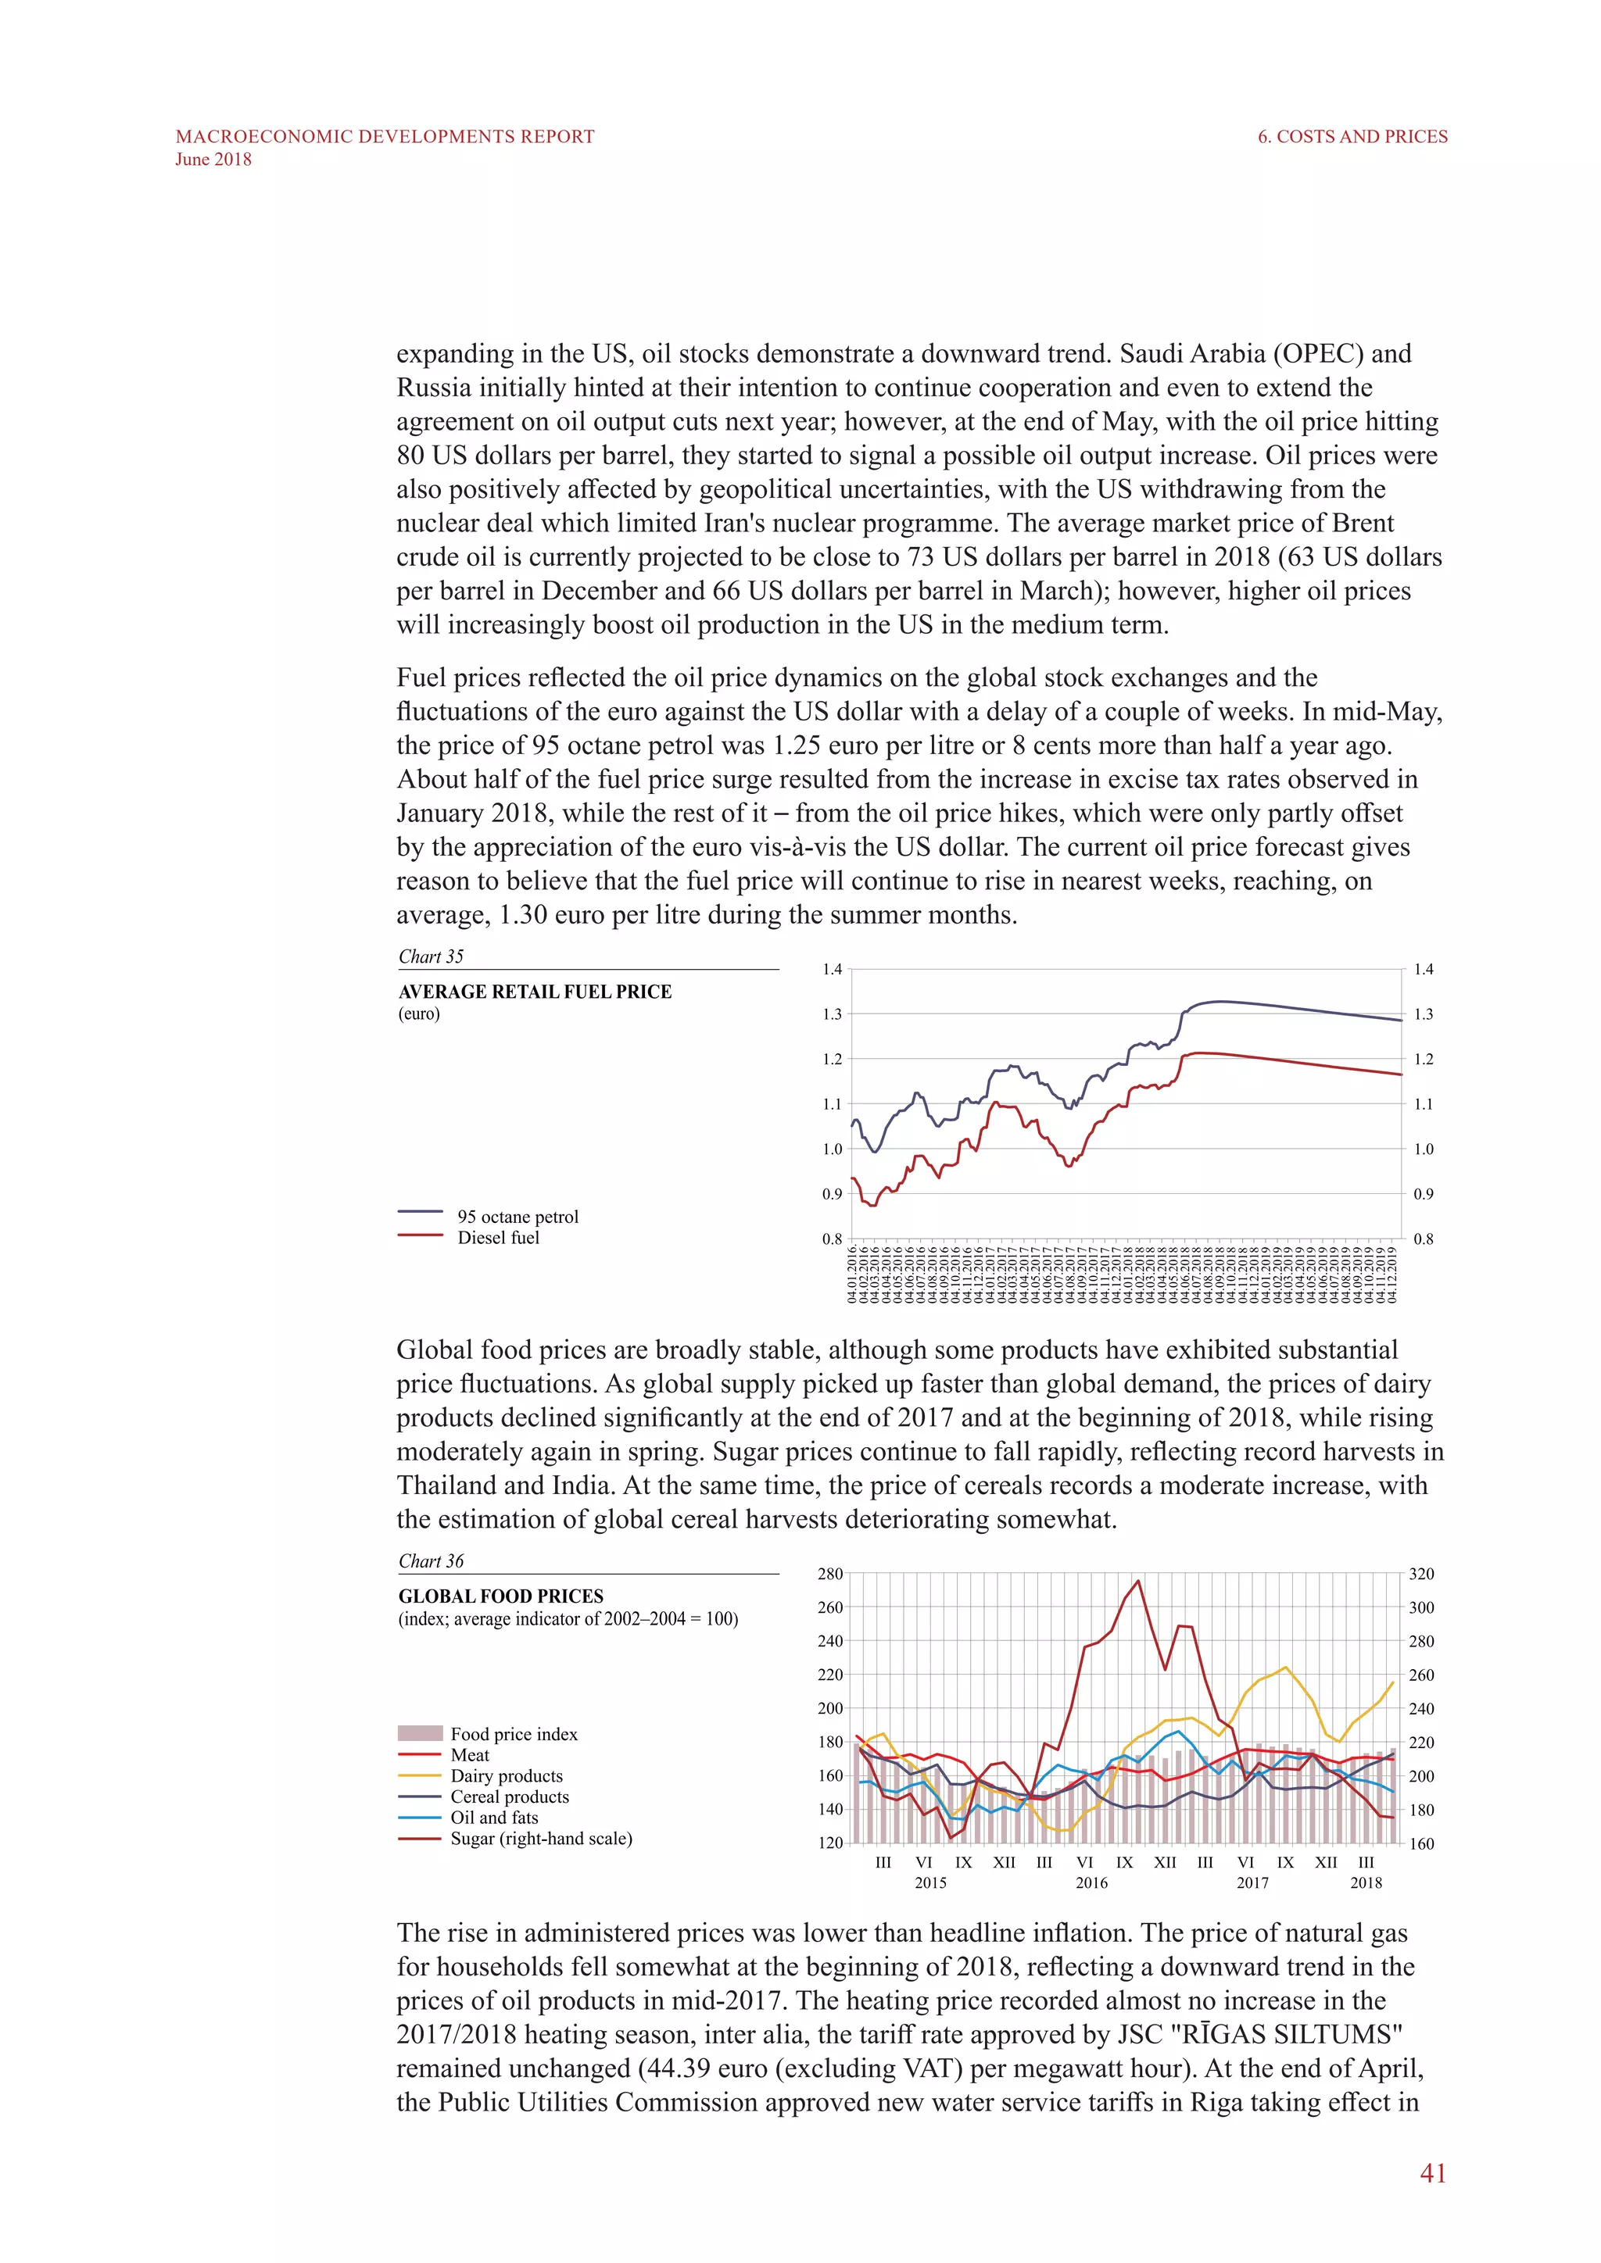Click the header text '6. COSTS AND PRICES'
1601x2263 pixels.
(1352, 137)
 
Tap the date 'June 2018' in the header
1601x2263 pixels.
(213, 159)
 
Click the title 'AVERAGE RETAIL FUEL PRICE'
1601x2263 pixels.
(535, 992)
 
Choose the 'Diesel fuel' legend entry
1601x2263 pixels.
(498, 1238)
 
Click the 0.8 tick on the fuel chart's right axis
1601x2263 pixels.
(1423, 1239)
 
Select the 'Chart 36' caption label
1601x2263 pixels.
(431, 1561)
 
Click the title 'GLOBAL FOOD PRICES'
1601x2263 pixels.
(501, 1596)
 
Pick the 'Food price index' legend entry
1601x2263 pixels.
(514, 1734)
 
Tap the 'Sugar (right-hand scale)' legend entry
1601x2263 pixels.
(541, 1838)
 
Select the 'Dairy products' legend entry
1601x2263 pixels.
(507, 1776)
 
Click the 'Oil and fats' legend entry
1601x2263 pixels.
(494, 1818)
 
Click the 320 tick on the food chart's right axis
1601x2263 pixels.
(1420, 1574)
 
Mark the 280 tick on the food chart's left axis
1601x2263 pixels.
(830, 1574)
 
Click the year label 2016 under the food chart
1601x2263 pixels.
(1091, 1882)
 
